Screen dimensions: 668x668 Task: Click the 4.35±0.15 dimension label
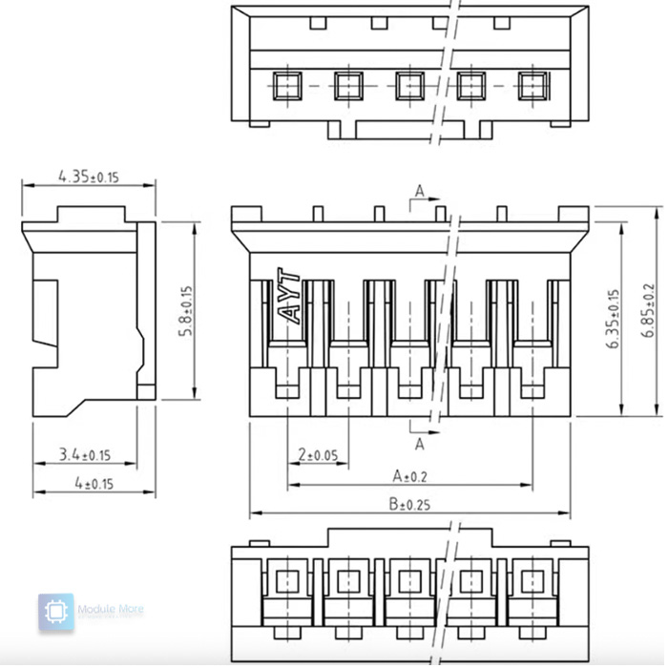click(x=91, y=176)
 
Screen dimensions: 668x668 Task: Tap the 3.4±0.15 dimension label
click(x=84, y=455)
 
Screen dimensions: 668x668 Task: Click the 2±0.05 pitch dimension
click(x=318, y=455)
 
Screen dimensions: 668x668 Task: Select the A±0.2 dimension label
click(x=410, y=475)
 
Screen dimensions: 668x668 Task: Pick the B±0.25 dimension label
click(x=410, y=505)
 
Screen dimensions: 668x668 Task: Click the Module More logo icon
click(x=56, y=613)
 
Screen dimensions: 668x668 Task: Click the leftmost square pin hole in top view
click(x=285, y=87)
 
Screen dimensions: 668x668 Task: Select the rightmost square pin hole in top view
click(x=531, y=87)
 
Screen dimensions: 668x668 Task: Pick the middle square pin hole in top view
click(x=408, y=87)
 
